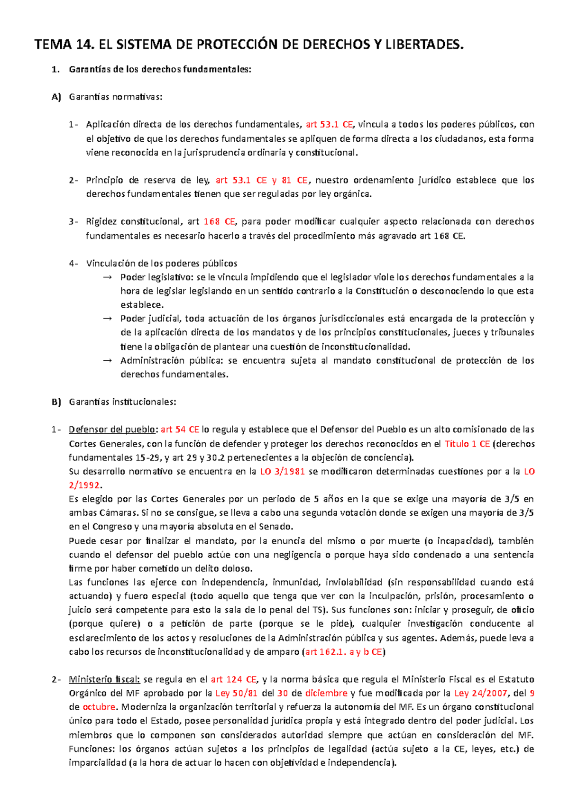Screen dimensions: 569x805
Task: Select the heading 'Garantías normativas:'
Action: tap(115, 97)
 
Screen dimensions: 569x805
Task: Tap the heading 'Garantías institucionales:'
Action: tap(122, 402)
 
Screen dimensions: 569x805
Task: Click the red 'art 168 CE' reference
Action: tap(219, 221)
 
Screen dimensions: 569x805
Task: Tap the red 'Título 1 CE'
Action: tap(467, 444)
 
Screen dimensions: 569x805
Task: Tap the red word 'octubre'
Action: tap(99, 707)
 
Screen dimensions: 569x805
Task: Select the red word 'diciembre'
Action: tap(326, 693)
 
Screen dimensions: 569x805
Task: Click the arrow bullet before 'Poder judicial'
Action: tap(107, 319)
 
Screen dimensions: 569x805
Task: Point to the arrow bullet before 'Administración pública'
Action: tap(107, 360)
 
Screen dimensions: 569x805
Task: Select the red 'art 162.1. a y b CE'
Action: tap(344, 652)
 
